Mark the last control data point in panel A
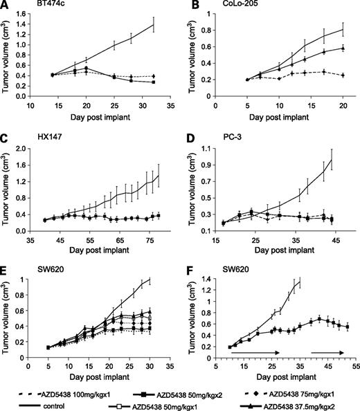pos(154,24)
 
